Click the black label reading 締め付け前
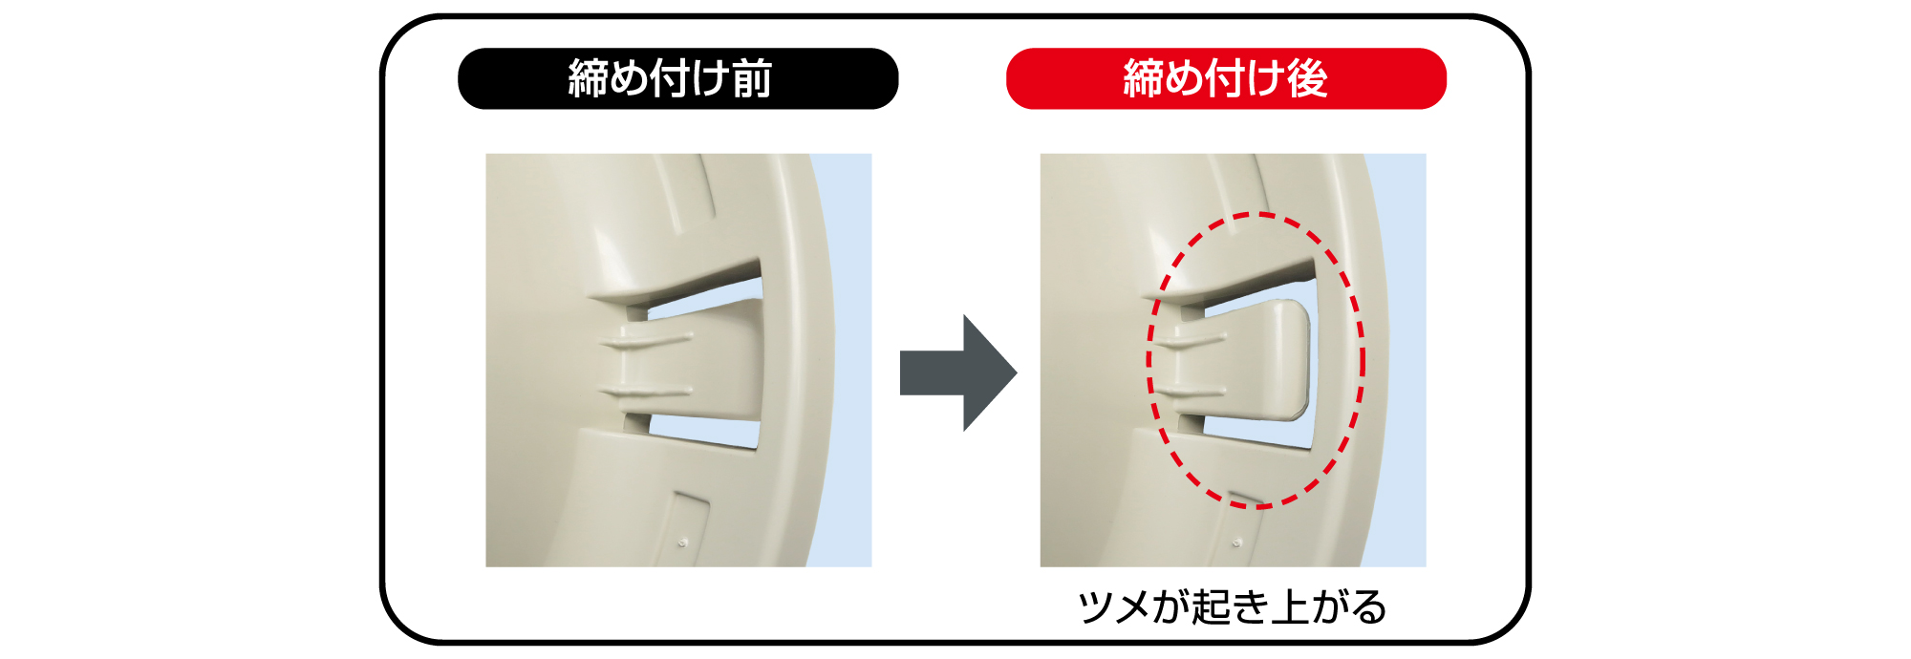point(677,78)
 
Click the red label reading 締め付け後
point(1226,78)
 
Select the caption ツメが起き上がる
point(1232,607)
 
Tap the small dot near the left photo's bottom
point(681,542)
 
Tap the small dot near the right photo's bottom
point(1236,542)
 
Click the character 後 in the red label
point(1307,78)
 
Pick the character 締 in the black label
point(589,78)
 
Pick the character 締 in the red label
point(1144,78)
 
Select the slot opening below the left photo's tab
point(707,431)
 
